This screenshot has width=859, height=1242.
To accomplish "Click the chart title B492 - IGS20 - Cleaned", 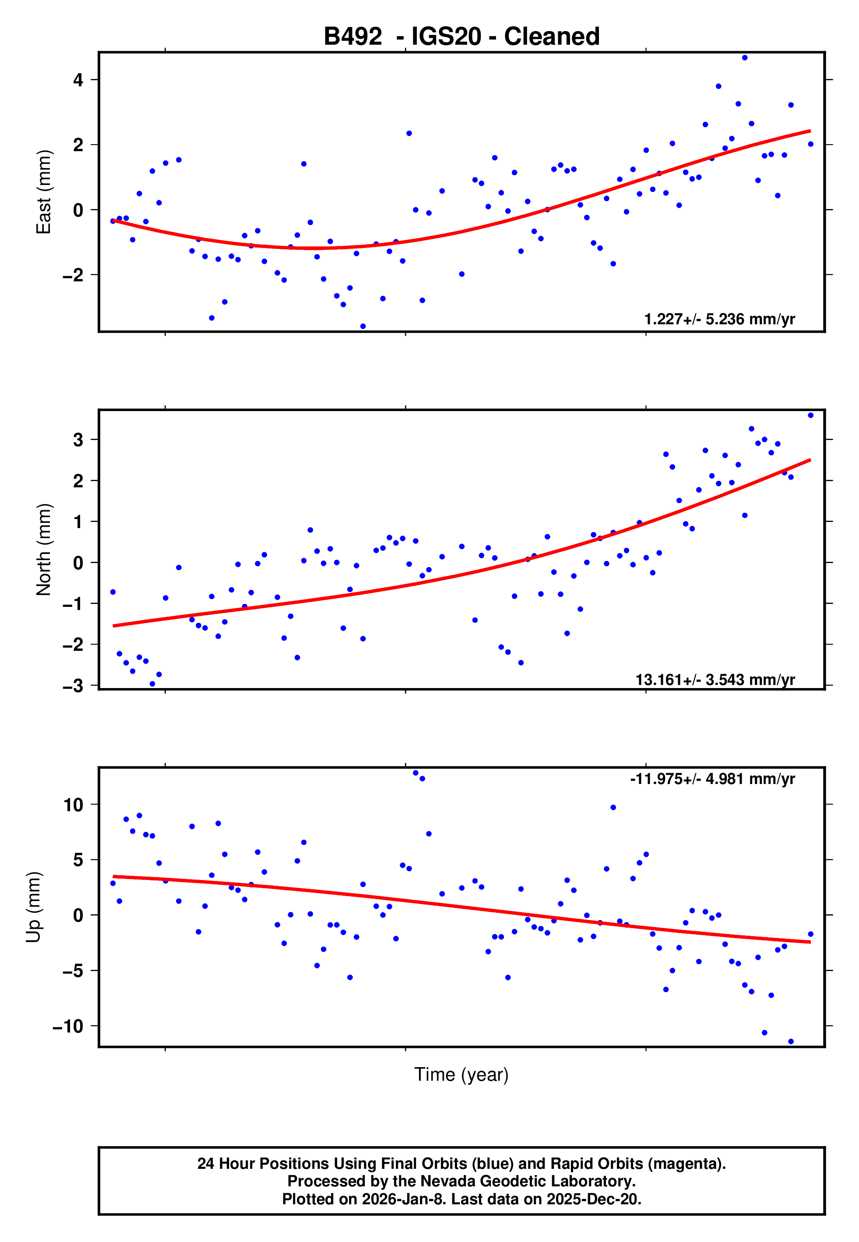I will (461, 37).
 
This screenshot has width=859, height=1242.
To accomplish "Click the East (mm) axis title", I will (43, 192).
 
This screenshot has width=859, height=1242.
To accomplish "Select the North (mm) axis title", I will (43, 550).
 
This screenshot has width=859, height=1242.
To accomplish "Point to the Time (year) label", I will (461, 1075).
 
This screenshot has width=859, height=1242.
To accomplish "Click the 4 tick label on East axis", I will (78, 80).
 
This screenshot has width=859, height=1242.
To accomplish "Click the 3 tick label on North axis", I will (78, 440).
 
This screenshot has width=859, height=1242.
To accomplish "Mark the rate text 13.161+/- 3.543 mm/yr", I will (715, 680).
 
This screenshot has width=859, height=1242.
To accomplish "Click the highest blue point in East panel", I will (744, 57).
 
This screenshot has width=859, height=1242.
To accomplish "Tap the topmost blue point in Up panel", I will (415, 773).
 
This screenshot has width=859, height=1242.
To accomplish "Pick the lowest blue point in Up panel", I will (791, 1042).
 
